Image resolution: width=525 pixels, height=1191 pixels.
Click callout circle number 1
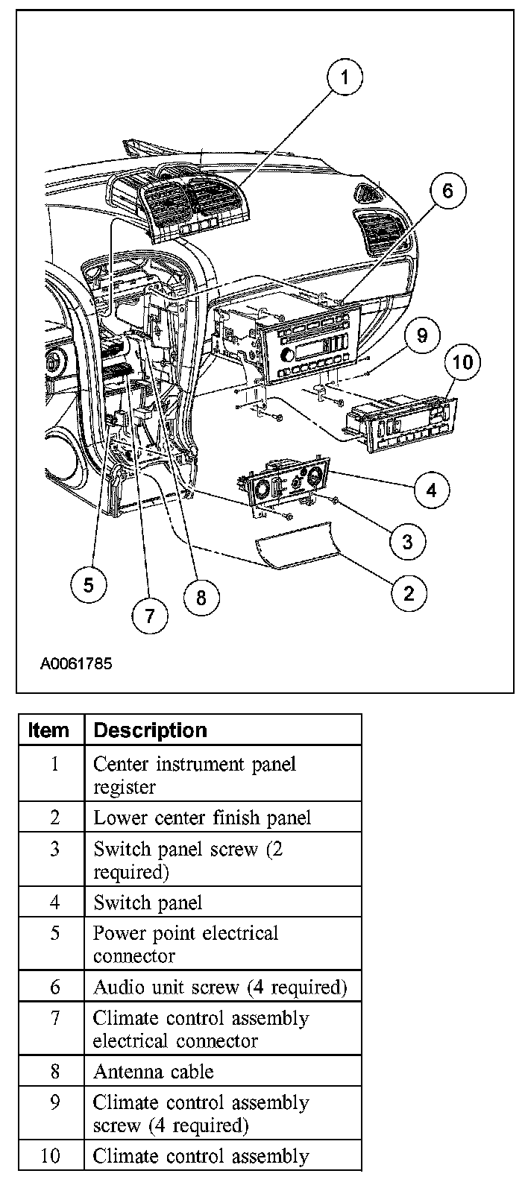(345, 77)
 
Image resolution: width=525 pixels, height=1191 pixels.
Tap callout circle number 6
(447, 191)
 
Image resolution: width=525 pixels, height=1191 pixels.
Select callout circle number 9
(422, 335)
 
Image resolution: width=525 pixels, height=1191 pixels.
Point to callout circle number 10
(462, 362)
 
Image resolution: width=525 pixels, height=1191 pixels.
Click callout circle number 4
(430, 490)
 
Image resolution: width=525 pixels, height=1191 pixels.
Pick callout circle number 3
(406, 541)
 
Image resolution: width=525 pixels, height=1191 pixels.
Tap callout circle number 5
(89, 584)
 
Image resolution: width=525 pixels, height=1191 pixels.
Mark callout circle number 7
(150, 615)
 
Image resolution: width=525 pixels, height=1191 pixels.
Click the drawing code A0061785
(76, 663)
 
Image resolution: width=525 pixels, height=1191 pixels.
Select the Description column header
(151, 730)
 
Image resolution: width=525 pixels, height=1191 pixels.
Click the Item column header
(48, 730)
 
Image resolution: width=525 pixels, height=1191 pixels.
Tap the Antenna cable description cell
(153, 1072)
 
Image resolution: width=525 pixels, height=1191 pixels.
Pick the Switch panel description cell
(148, 903)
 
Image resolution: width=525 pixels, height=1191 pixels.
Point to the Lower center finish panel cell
(202, 818)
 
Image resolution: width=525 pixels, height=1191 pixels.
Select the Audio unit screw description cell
(220, 988)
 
